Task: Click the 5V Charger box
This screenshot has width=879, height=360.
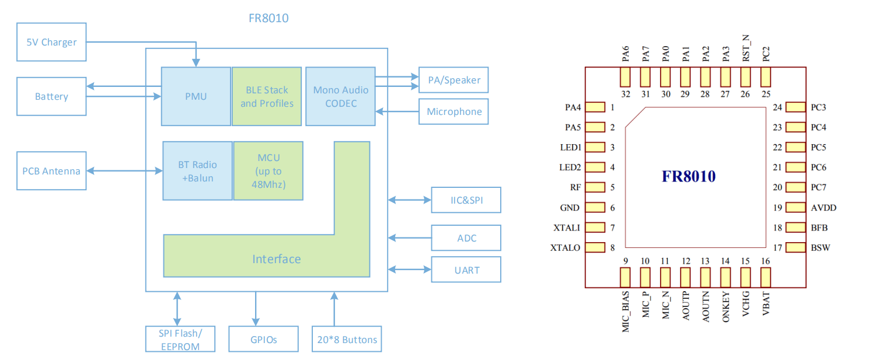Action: point(51,43)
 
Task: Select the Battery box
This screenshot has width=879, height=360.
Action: point(51,96)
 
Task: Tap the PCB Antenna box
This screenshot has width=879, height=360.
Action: point(51,171)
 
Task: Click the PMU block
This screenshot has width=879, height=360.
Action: point(196,96)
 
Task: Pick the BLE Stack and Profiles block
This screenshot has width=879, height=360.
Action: point(267,96)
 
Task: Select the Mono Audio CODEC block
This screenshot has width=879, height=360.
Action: point(340,96)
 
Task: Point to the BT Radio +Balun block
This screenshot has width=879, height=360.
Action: point(197,171)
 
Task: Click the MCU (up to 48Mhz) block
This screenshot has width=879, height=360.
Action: point(268,171)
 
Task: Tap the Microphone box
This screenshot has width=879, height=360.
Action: point(454,111)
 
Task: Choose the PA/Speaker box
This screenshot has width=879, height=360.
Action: point(454,80)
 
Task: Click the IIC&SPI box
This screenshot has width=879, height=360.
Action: point(466,200)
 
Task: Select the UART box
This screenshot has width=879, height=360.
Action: point(466,270)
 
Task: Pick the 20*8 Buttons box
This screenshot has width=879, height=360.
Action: point(346,340)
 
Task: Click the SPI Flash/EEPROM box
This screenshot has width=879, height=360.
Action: point(179,340)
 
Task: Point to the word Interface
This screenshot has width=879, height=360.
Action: point(276,259)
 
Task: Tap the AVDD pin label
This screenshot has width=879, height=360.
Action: point(824,208)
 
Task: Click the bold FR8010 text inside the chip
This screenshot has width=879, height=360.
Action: point(688,176)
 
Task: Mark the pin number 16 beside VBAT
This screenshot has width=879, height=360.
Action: point(765,261)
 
